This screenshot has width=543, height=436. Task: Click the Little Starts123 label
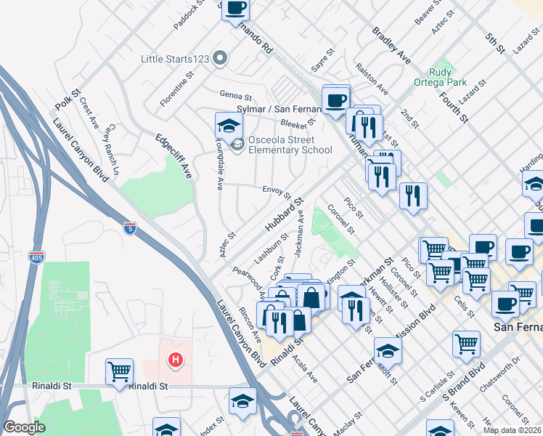click(177, 59)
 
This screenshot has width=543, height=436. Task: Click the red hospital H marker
click(174, 359)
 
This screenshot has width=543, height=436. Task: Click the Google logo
click(24, 427)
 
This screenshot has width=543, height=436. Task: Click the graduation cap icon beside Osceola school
click(229, 125)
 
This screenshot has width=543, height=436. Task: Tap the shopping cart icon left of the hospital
click(119, 371)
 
